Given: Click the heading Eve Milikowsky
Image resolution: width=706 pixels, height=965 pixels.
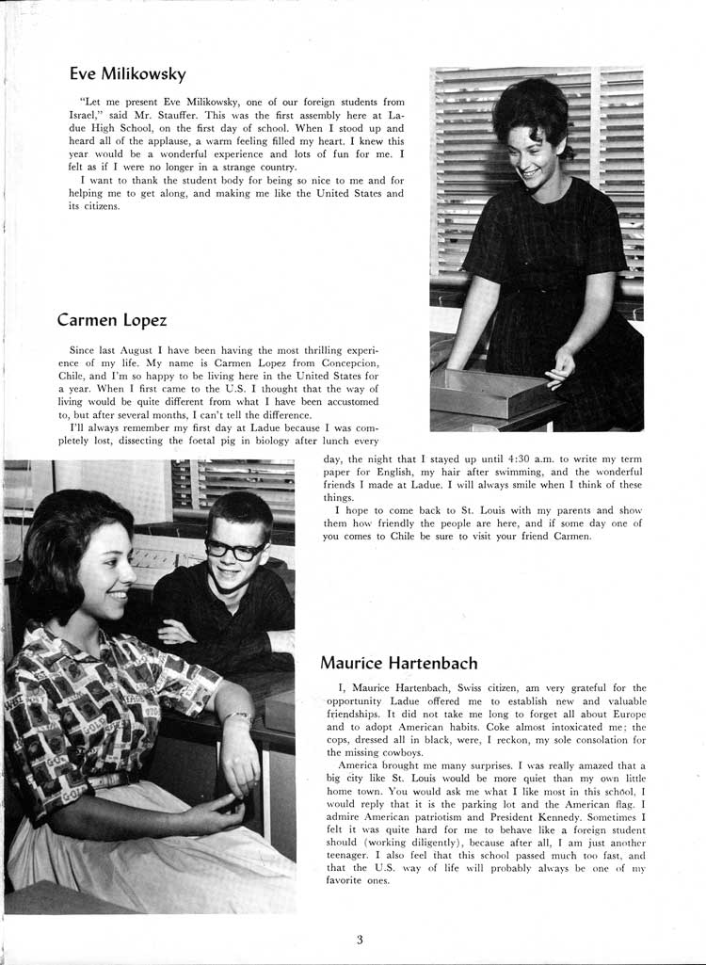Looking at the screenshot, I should pyautogui.click(x=128, y=73).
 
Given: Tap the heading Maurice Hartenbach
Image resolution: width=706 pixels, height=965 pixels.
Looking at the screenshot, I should pyautogui.click(x=399, y=663).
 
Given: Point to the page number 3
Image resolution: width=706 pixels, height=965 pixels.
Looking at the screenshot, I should pyautogui.click(x=360, y=938).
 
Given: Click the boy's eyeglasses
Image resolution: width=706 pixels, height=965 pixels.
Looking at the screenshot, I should pyautogui.click(x=234, y=550).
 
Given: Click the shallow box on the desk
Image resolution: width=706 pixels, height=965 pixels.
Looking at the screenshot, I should pyautogui.click(x=497, y=391).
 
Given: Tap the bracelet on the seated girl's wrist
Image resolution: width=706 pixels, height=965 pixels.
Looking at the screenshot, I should pyautogui.click(x=238, y=717).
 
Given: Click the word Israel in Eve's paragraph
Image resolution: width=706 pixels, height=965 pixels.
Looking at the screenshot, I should pyautogui.click(x=85, y=115).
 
